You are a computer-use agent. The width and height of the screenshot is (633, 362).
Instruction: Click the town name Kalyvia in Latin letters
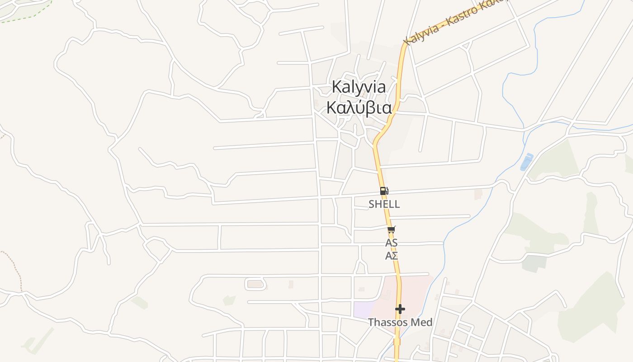click(x=359, y=87)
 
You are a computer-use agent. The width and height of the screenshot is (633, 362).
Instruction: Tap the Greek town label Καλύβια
click(x=359, y=108)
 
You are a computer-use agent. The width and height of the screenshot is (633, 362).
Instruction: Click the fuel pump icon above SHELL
click(x=384, y=191)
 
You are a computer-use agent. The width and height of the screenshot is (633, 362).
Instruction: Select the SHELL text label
click(x=384, y=204)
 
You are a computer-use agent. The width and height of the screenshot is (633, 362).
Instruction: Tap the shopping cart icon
click(x=391, y=230)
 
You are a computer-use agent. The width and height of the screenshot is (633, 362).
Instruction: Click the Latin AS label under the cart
click(x=391, y=243)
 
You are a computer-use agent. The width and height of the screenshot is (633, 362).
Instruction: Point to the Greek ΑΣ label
click(x=391, y=256)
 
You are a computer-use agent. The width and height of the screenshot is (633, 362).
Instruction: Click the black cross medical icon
click(x=400, y=309)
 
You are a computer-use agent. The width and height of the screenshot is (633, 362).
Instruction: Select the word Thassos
click(x=384, y=322)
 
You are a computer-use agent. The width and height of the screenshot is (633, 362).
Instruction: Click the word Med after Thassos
click(x=423, y=322)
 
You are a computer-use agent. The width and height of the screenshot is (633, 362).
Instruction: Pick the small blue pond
click(x=526, y=162)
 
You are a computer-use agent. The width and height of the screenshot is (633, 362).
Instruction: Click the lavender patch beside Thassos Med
click(x=363, y=309)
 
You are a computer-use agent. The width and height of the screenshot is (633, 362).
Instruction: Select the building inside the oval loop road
click(x=255, y=284)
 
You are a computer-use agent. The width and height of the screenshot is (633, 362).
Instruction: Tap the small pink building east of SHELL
click(x=478, y=194)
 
